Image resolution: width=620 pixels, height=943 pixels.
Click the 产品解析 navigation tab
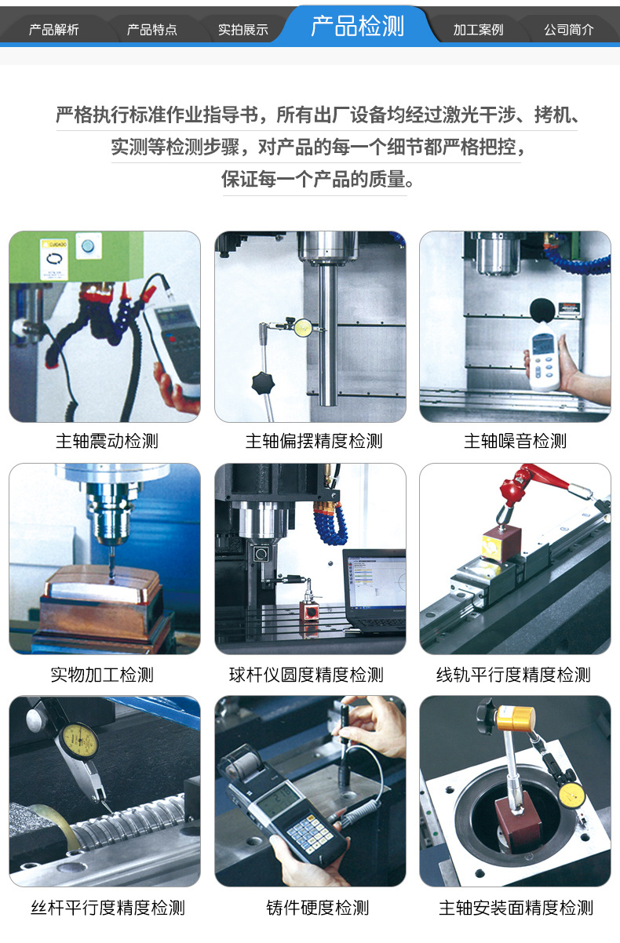(x=54, y=30)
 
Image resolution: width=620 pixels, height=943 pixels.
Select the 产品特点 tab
(x=152, y=30)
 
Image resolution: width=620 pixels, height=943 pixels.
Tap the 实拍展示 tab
(x=243, y=30)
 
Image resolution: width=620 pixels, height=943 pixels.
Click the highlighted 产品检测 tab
(x=358, y=26)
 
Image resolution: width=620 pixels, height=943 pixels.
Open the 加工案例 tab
(x=478, y=30)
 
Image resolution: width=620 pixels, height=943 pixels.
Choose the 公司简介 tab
(x=569, y=30)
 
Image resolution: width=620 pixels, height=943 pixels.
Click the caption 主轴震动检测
(x=107, y=441)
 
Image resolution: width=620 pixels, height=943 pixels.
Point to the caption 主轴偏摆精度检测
(x=314, y=441)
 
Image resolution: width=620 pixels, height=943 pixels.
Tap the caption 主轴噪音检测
(x=515, y=441)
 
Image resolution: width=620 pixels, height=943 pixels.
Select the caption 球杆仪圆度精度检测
(x=306, y=675)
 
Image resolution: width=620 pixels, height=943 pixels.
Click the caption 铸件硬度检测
(x=318, y=908)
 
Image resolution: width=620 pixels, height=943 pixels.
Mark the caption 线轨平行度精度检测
(x=513, y=675)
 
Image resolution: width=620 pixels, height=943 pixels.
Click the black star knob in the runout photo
(x=263, y=383)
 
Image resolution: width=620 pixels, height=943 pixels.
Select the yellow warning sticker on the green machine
(x=53, y=260)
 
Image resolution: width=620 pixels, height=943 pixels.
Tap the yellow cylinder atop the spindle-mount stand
(x=516, y=719)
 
